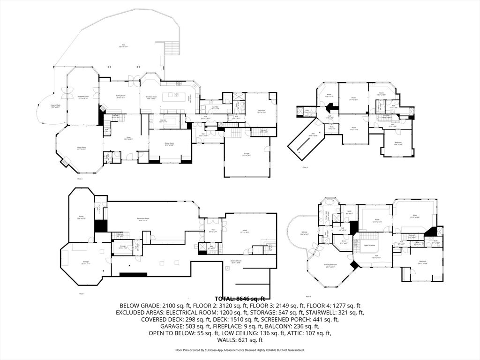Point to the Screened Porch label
83,97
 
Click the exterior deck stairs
172,48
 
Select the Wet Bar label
164,121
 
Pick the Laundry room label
215,107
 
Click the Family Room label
121,96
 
